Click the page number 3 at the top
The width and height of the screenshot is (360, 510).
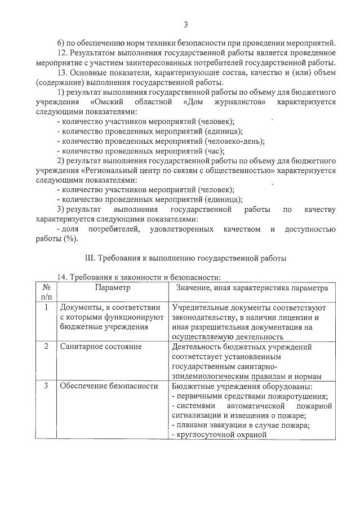tap(185, 24)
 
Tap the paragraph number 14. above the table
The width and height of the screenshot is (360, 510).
tap(64, 277)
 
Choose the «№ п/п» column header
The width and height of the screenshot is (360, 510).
tap(46, 292)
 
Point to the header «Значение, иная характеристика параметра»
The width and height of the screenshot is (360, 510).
tap(251, 287)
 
